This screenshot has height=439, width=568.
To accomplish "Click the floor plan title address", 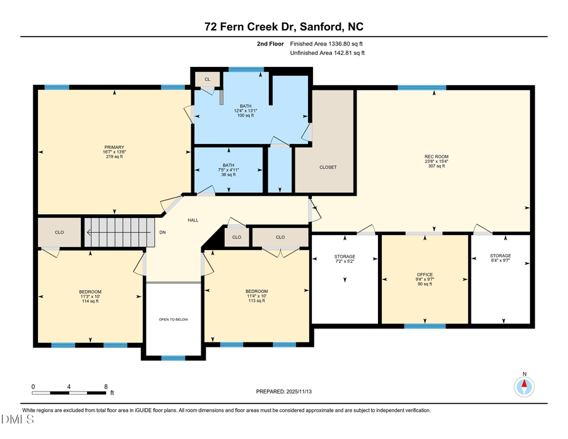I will point(283,27).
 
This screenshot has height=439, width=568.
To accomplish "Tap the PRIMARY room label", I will point(114,147).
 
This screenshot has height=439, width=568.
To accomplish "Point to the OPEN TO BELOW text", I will point(173,320).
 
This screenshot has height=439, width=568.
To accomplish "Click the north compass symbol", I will point(523,385).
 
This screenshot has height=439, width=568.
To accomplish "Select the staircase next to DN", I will point(119,232).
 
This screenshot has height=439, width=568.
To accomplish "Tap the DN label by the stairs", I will point(162,232).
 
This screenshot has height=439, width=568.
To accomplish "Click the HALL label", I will point(193,220).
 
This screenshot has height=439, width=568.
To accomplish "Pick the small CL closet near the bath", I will point(206,79).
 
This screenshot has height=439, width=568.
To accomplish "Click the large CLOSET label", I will point(328,167).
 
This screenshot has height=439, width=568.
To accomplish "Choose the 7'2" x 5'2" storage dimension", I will point(345,261).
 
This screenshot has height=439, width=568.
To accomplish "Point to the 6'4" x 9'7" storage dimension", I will point(500,261).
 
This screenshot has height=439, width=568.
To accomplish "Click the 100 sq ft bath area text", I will point(246,116).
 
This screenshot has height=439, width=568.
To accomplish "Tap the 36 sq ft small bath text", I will point(227,174).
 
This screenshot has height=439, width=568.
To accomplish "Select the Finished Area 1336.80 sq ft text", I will point(326,44).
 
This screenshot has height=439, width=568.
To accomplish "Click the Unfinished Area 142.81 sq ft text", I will point(328,53).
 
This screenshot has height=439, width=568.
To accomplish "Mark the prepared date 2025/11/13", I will point(283,392).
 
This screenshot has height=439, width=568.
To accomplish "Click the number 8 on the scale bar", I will point(105,386).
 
